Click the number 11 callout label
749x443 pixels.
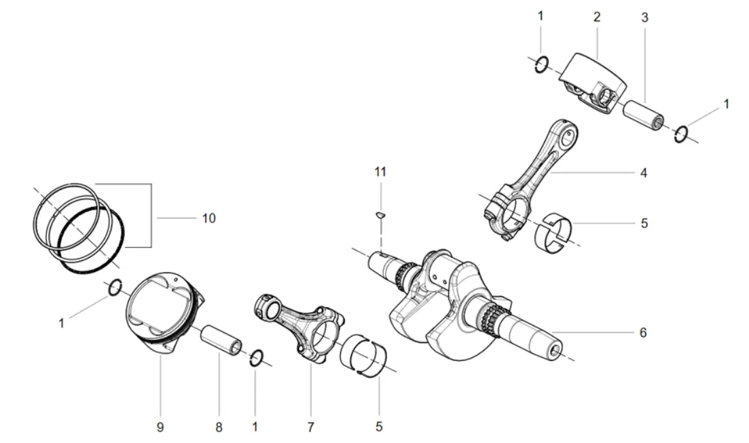pyautogui.click(x=380, y=172)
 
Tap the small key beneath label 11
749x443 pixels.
pyautogui.click(x=380, y=216)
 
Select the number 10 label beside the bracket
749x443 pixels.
pyautogui.click(x=208, y=218)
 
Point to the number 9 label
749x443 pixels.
pyautogui.click(x=160, y=427)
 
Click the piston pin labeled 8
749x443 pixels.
pyautogui.click(x=221, y=341)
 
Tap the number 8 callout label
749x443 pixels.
pyautogui.click(x=219, y=427)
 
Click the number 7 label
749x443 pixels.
pyautogui.click(x=310, y=427)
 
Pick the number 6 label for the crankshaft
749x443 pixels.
pyautogui.click(x=643, y=332)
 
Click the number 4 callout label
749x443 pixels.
pyautogui.click(x=644, y=173)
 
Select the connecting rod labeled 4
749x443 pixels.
pyautogui.click(x=530, y=179)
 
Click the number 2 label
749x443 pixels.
pyautogui.click(x=597, y=17)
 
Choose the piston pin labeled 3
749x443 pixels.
pyautogui.click(x=644, y=115)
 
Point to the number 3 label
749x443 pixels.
pyautogui.click(x=644, y=18)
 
